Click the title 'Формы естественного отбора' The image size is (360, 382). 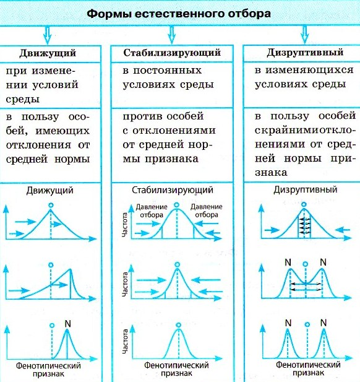(x=179, y=14)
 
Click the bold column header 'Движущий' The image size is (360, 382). (x=48, y=53)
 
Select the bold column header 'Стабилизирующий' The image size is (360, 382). (x=172, y=53)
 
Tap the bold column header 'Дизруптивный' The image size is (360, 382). (x=305, y=53)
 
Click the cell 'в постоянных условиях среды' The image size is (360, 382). (x=168, y=77)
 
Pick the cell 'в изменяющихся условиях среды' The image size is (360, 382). (x=304, y=77)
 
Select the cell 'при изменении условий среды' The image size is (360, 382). (x=42, y=85)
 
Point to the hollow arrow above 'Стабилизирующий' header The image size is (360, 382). (x=172, y=35)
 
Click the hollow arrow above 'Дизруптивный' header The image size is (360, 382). (x=305, y=35)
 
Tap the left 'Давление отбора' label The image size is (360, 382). (x=152, y=211)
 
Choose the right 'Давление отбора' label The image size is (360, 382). (x=206, y=211)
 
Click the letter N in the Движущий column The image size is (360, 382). (x=67, y=324)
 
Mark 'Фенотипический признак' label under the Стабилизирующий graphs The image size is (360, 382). (x=176, y=369)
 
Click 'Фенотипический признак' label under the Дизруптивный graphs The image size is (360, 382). (x=308, y=368)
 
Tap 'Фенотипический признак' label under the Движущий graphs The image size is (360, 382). (x=48, y=370)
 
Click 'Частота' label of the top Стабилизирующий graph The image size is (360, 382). (x=124, y=225)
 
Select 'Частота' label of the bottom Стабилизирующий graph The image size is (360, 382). (x=125, y=342)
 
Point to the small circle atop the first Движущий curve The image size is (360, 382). (x=51, y=205)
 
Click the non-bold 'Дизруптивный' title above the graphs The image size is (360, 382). (x=306, y=189)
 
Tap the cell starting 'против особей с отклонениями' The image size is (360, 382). (x=169, y=137)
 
